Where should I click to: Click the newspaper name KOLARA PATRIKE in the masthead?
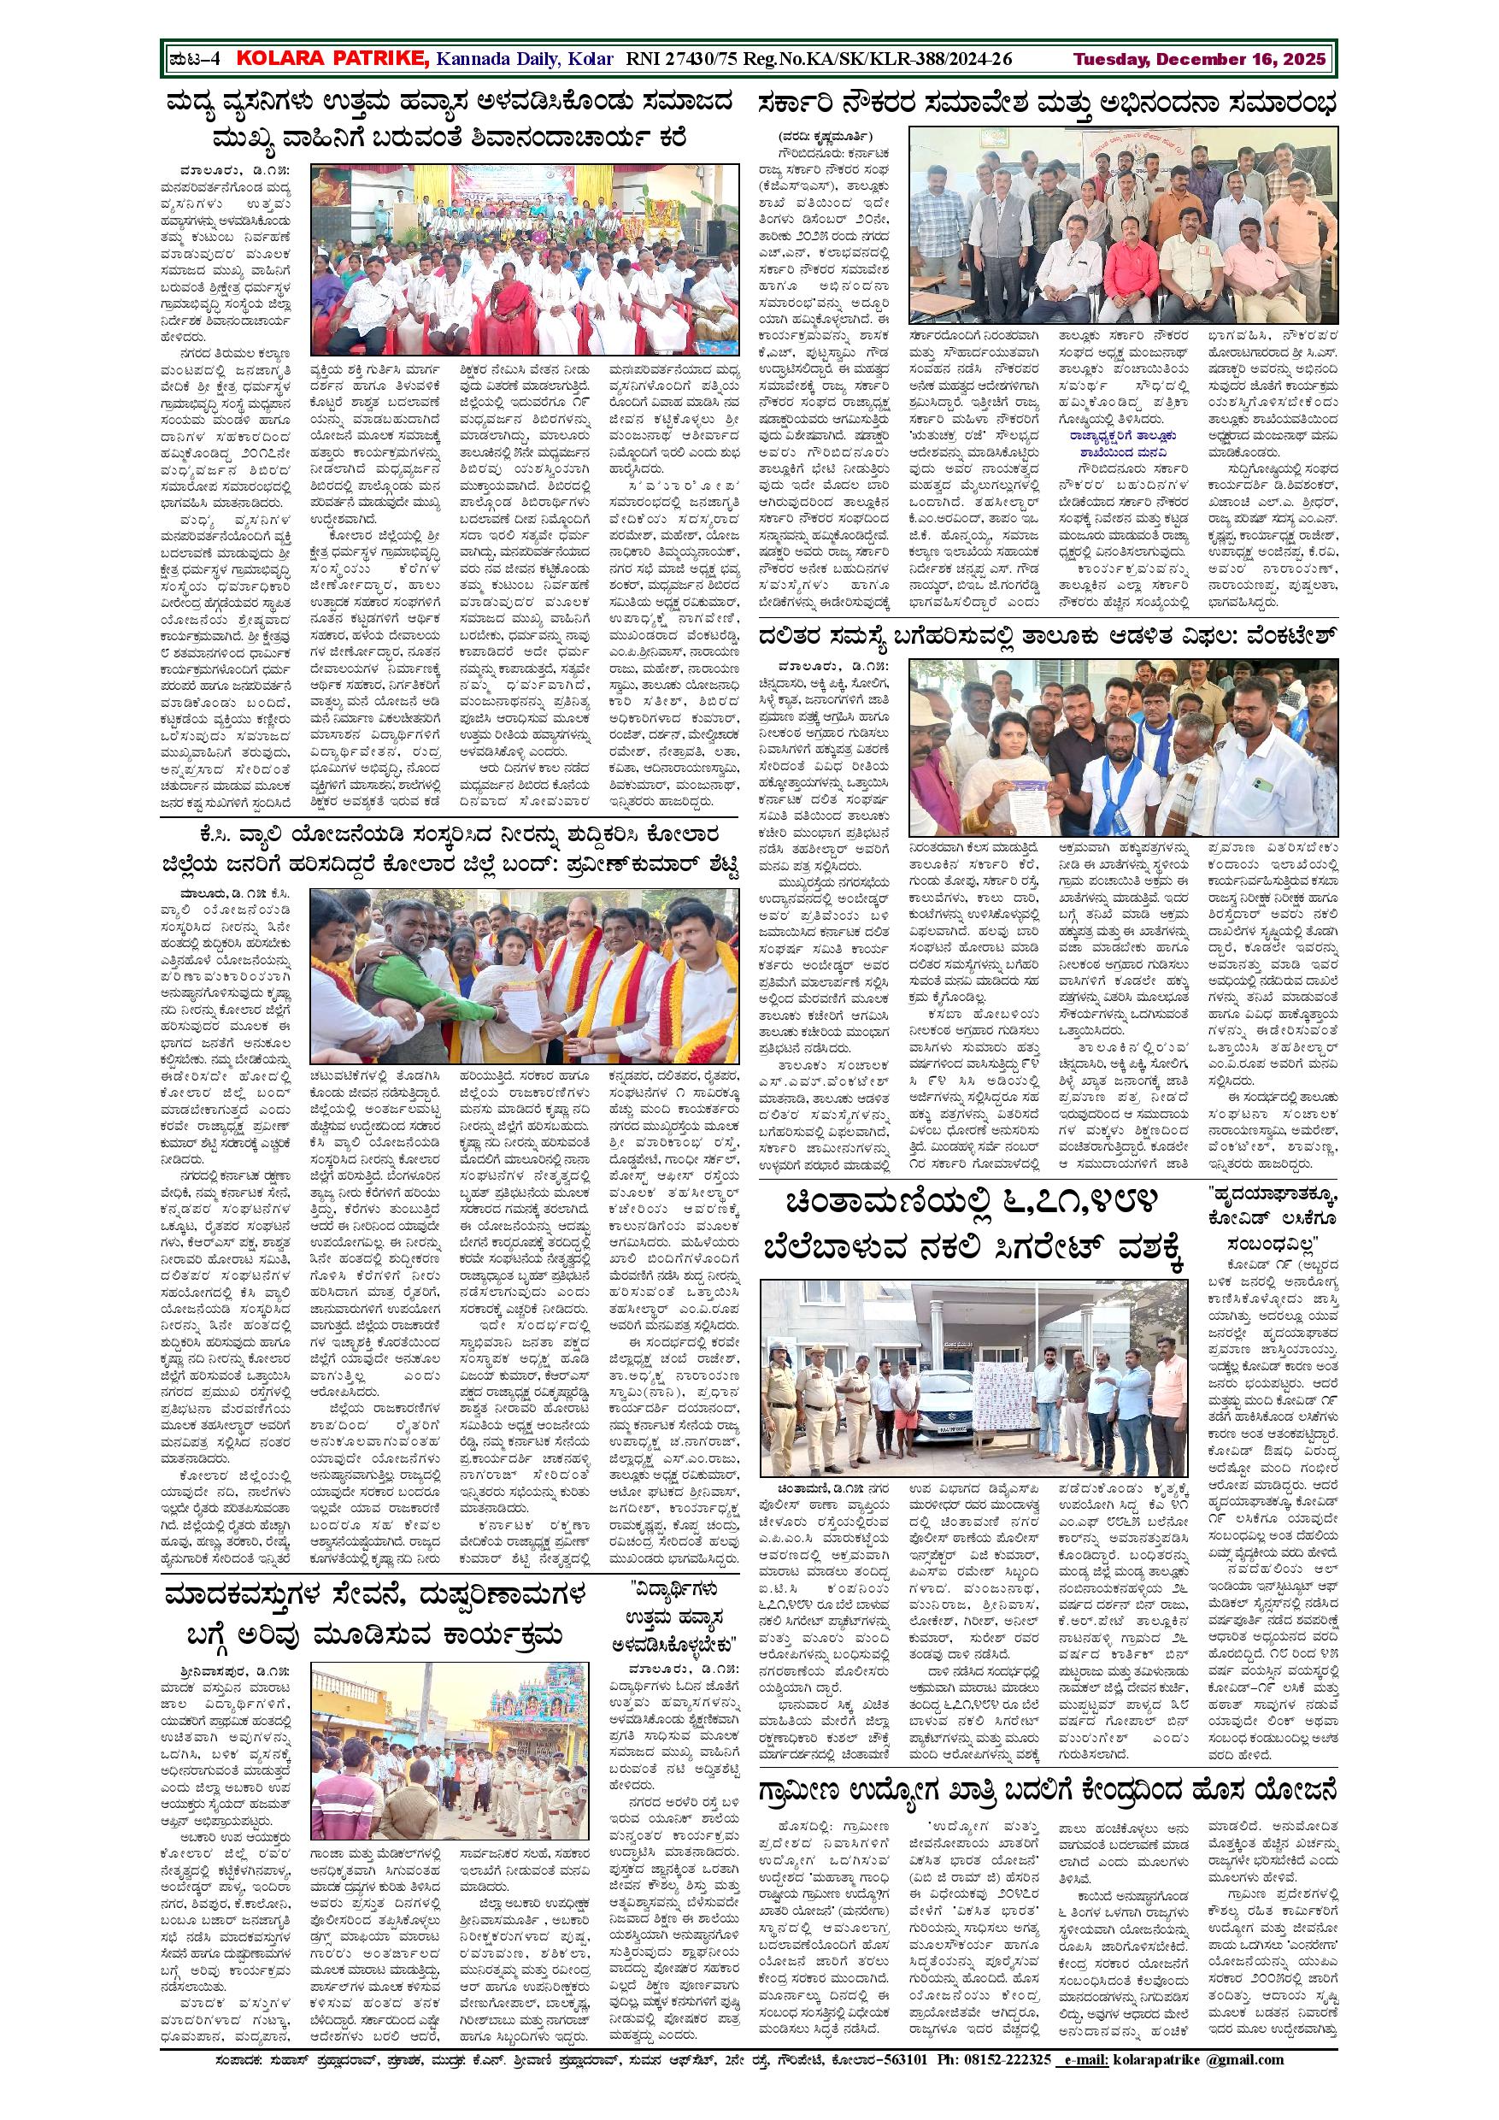(x=332, y=59)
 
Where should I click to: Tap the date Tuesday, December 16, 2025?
(x=1199, y=59)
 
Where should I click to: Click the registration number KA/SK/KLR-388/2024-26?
(x=919, y=59)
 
